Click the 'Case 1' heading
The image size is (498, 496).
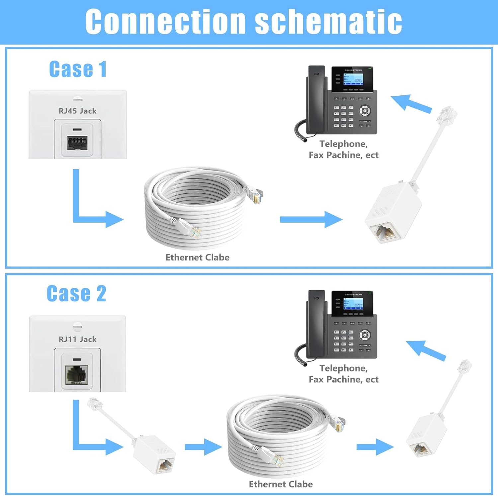pos(78,69)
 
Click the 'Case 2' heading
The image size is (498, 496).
pos(76,294)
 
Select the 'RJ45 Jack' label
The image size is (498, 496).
pos(78,111)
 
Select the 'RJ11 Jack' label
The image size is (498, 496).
pos(78,339)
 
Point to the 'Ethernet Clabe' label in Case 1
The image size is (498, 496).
pos(197,257)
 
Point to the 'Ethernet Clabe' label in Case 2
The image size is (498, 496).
pos(281,484)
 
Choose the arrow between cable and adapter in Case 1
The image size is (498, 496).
pos(311,219)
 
